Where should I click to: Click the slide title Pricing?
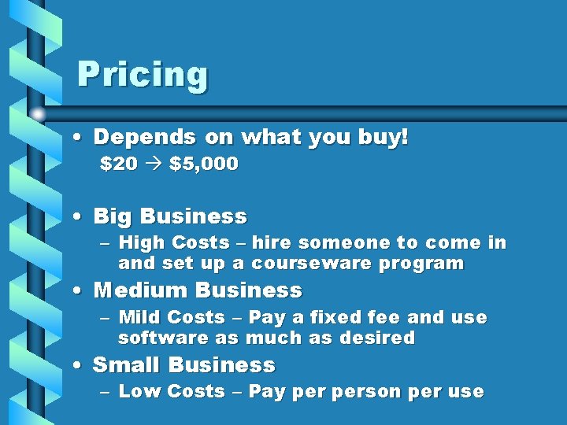coord(143,76)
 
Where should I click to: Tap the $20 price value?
coord(118,164)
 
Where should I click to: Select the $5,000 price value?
coord(203,164)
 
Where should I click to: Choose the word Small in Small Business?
coord(127,365)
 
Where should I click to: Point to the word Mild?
coord(139,318)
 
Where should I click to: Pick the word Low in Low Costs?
coord(138,392)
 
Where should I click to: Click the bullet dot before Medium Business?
coord(77,291)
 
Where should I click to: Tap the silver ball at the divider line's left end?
coord(38,115)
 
